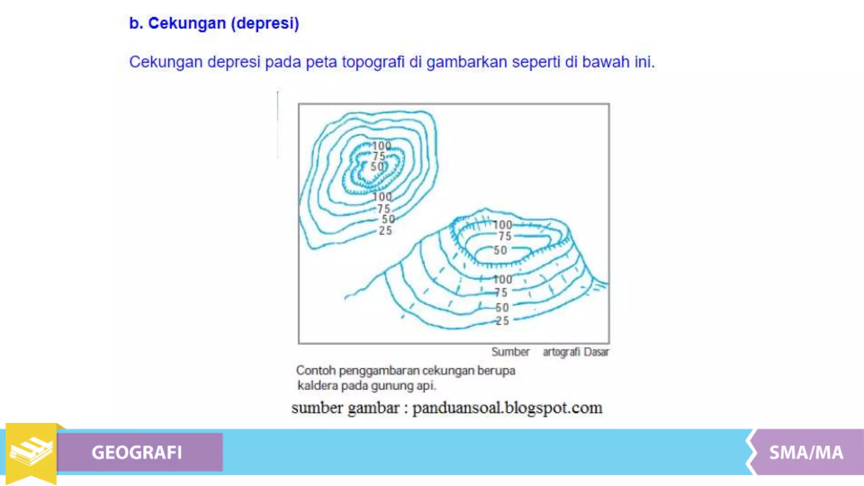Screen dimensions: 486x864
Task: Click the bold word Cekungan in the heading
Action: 187,23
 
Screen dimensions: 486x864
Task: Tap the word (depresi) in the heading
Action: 265,23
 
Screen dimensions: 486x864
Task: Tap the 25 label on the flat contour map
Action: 385,231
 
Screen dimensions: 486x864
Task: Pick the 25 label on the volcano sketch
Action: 502,321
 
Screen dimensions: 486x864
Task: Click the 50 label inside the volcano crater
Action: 500,250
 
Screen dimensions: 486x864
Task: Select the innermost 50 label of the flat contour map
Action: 377,167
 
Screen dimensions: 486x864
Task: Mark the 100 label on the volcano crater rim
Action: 502,225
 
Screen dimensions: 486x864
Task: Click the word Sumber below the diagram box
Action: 510,352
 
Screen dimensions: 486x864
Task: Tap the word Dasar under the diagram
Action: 597,352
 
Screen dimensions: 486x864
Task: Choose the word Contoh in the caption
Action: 316,370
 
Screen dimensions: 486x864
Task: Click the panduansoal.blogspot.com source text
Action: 507,408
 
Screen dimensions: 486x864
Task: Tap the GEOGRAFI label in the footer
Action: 137,452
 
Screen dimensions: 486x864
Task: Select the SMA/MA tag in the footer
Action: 806,452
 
